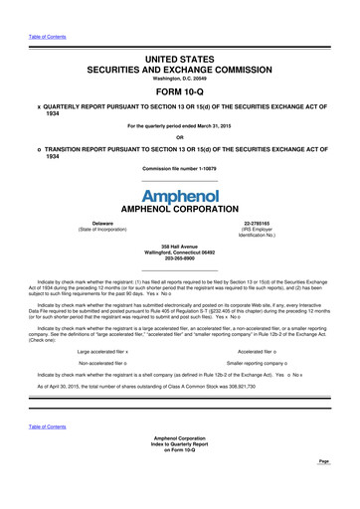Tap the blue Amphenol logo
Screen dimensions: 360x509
pyautogui.click(x=180, y=197)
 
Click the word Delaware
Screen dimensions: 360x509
pyautogui.click(x=101, y=225)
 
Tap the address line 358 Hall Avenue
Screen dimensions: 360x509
pyautogui.click(x=181, y=245)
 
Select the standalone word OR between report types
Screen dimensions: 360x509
pyautogui.click(x=180, y=137)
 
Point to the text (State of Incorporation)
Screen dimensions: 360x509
pyautogui.click(x=101, y=232)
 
